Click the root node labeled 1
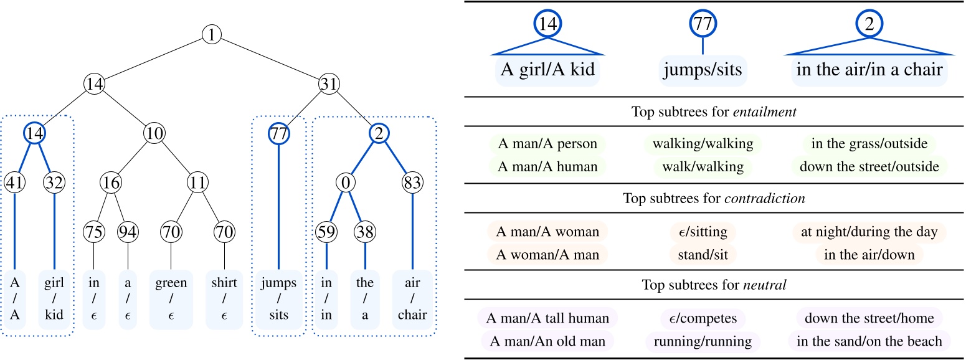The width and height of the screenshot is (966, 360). (x=212, y=34)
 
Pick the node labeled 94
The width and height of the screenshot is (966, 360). (x=128, y=231)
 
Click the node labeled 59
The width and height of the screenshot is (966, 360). (x=326, y=231)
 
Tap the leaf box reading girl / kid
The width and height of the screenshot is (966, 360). (x=55, y=299)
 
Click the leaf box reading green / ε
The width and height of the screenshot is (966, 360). (x=171, y=299)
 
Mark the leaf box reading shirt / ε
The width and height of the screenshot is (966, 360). (x=224, y=299)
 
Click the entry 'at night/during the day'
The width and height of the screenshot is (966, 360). (x=869, y=232)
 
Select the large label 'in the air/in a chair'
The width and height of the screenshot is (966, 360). (x=869, y=69)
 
